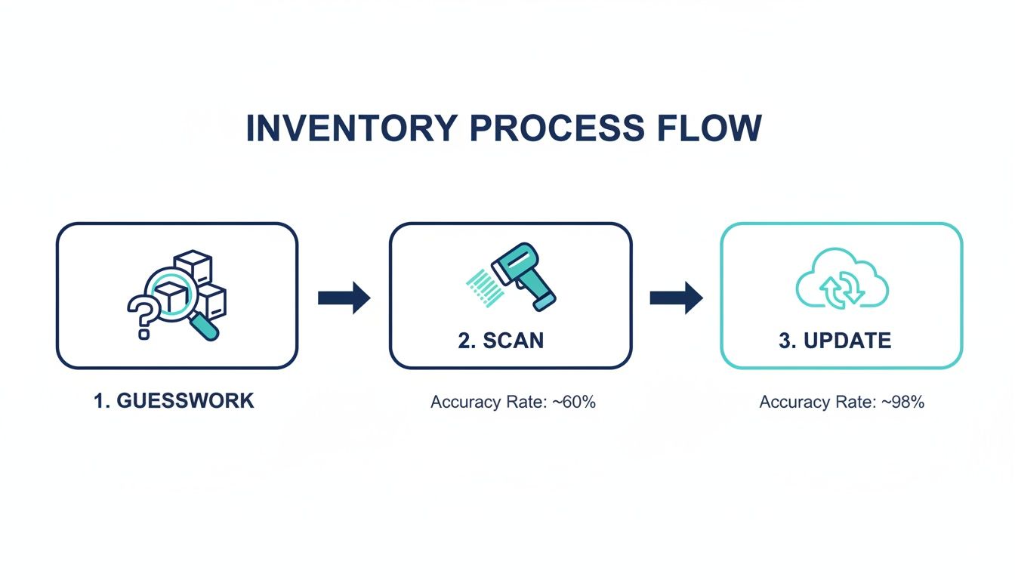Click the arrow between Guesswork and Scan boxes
pyautogui.click(x=344, y=298)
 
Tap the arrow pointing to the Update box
pyautogui.click(x=676, y=298)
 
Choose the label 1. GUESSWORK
pyautogui.click(x=174, y=401)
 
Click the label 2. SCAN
pyautogui.click(x=501, y=341)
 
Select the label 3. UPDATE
pyautogui.click(x=835, y=341)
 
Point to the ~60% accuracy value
pyautogui.click(x=578, y=403)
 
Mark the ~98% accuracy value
pyautogui.click(x=906, y=403)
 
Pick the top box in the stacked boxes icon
pyautogui.click(x=193, y=267)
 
